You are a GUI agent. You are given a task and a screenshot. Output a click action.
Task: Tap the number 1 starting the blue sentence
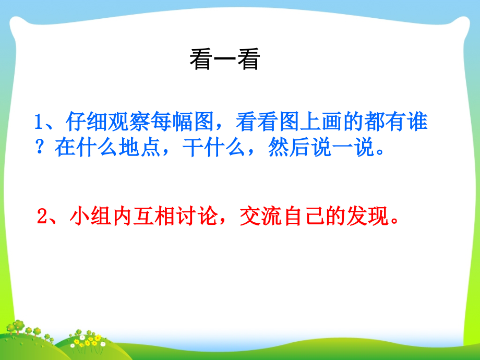(38, 123)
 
